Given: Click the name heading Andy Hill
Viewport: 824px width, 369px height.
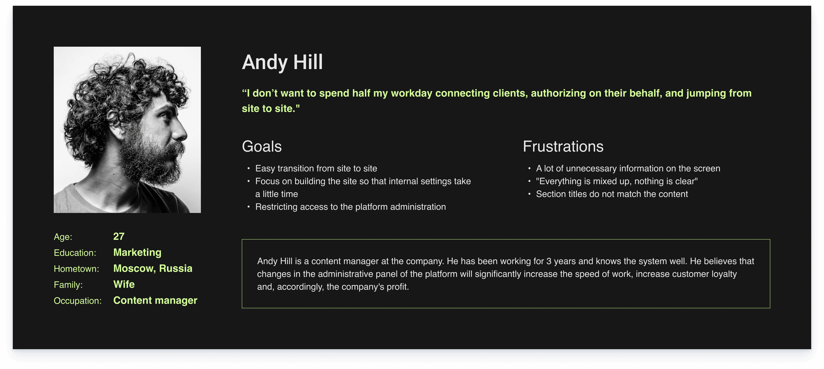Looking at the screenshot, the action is (x=282, y=62).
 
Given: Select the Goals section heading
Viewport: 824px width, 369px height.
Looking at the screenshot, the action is (x=262, y=146).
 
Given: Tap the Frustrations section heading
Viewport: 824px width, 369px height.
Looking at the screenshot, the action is (x=563, y=146).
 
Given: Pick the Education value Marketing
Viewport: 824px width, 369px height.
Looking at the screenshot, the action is (x=137, y=253).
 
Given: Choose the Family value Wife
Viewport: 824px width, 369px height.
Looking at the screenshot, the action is (x=124, y=284).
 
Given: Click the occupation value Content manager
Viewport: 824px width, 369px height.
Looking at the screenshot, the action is (x=155, y=301).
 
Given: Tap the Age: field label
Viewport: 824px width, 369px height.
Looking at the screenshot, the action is (x=63, y=237).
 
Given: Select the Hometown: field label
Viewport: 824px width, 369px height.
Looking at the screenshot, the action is (x=76, y=269).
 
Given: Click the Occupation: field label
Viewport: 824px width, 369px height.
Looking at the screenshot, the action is (x=78, y=301).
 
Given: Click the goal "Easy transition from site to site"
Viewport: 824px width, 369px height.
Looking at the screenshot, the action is (x=316, y=168).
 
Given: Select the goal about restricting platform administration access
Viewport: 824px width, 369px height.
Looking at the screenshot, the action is (x=350, y=207).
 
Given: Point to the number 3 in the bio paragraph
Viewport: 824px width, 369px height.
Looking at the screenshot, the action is (x=548, y=261).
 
